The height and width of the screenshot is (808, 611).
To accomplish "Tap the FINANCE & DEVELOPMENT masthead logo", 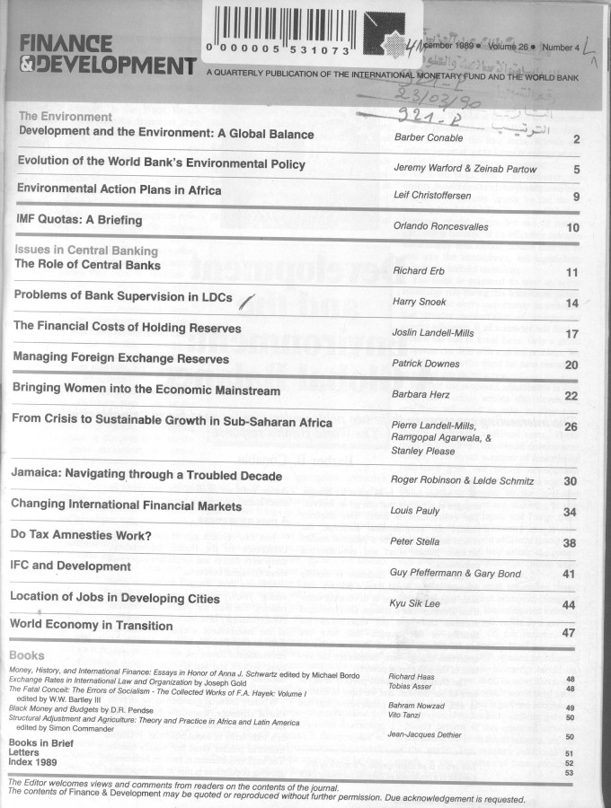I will (x=106, y=54).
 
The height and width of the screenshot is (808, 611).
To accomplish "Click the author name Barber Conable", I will (x=429, y=137).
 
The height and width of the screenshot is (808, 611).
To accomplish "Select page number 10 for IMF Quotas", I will (x=572, y=227).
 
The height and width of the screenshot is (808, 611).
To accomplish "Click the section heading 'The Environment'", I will (x=66, y=117).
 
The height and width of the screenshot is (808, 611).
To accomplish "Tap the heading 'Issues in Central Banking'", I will (x=86, y=250).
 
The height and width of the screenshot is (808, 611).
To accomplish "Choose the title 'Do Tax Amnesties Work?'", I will (x=80, y=535).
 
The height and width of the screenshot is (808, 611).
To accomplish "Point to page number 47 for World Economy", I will (x=568, y=633).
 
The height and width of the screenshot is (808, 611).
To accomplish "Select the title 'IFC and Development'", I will (x=70, y=566).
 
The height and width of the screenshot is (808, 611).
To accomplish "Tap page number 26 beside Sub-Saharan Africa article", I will (x=570, y=426).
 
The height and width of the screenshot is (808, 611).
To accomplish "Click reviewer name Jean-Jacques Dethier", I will (x=424, y=736).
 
